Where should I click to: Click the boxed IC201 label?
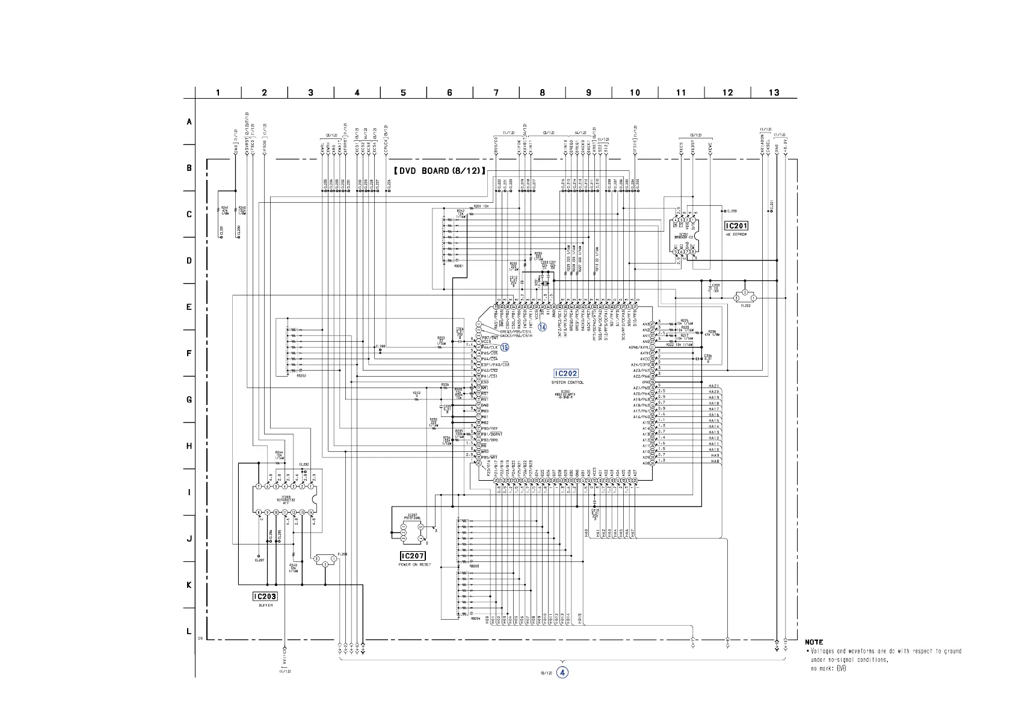(x=736, y=226)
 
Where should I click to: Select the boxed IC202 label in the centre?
(x=566, y=374)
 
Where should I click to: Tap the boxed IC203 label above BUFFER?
(x=265, y=596)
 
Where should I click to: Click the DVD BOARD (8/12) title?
(x=440, y=171)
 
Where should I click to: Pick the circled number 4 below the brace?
(x=562, y=672)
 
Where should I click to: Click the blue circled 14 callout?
(x=543, y=327)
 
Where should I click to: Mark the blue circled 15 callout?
(x=505, y=347)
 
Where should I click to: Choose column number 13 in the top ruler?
(x=774, y=93)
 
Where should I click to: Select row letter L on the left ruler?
(x=189, y=632)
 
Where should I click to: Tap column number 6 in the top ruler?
(x=449, y=93)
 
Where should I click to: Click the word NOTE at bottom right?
(x=814, y=642)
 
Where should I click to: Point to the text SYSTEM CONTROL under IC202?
(x=567, y=383)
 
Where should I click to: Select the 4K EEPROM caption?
(x=736, y=235)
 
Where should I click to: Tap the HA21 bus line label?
(x=714, y=386)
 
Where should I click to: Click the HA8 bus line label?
(x=715, y=461)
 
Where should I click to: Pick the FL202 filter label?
(x=746, y=306)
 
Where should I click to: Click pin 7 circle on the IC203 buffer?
(x=259, y=486)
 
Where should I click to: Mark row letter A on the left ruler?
(x=189, y=122)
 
